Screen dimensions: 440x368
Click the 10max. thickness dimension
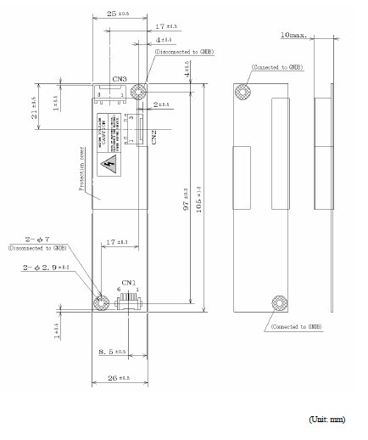297,35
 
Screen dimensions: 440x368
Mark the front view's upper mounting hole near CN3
141,89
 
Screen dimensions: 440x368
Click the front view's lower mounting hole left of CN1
99,300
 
